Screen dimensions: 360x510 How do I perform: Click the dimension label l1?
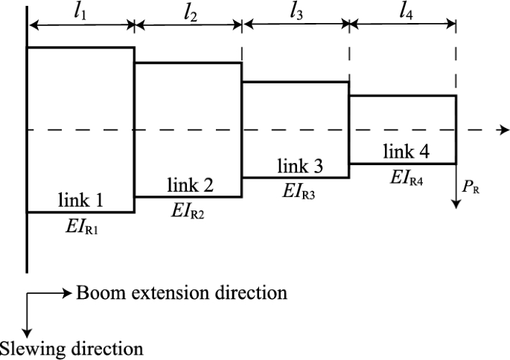tap(81, 13)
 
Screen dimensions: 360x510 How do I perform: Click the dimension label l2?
tap(188, 13)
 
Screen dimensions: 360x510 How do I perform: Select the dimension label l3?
tap(296, 13)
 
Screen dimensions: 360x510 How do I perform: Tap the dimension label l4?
tap(403, 13)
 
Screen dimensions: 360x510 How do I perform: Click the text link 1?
tap(81, 202)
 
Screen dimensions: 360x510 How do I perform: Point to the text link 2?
tap(188, 186)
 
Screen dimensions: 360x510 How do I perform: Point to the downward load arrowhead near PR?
tap(456, 205)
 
